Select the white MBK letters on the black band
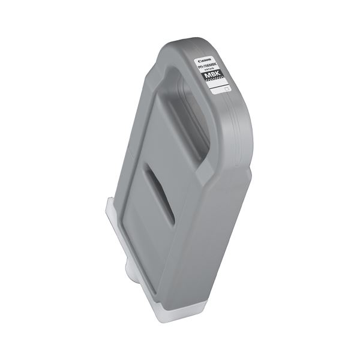pos(215,77)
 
